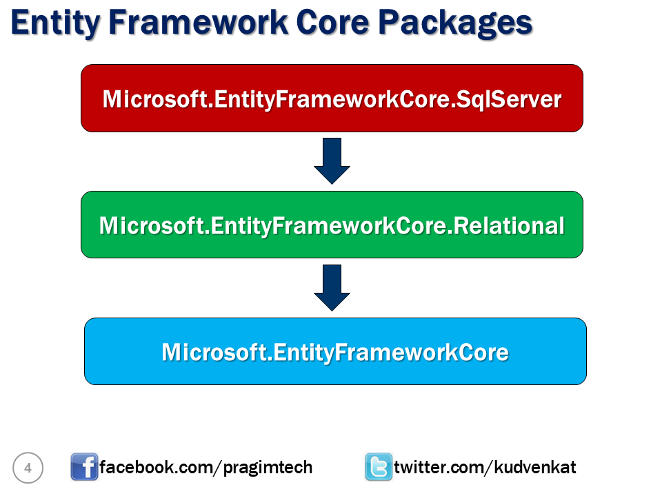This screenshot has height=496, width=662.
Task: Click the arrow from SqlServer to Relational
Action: (332, 160)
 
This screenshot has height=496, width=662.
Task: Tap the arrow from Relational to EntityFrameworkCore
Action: (332, 287)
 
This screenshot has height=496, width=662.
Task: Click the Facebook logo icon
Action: (84, 467)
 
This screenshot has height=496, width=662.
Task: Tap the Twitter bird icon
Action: (378, 467)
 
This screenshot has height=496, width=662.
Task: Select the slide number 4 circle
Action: (28, 468)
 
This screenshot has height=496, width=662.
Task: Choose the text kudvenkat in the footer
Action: (536, 468)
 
